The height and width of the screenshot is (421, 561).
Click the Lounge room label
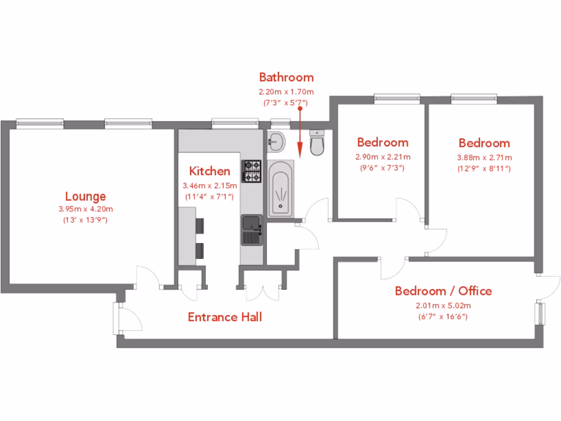click(85, 196)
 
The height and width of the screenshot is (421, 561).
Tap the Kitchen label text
click(210, 171)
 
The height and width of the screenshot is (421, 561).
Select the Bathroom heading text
click(286, 77)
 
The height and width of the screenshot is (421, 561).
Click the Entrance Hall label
click(225, 317)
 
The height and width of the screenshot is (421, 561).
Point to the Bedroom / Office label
click(443, 291)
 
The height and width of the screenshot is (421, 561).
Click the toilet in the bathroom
click(317, 143)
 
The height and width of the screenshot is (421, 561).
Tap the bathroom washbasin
click(276, 142)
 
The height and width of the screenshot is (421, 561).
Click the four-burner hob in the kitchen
click(253, 171)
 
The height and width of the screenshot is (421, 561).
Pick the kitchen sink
click(251, 230)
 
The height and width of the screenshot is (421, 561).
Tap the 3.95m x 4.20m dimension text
click(85, 209)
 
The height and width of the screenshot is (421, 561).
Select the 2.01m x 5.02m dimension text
click(443, 306)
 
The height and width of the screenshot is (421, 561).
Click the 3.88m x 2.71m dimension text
click(484, 157)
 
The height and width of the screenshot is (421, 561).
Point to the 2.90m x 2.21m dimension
click(382, 157)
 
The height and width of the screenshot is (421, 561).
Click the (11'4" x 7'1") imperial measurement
click(210, 196)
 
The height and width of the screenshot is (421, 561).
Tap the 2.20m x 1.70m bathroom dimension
click(286, 92)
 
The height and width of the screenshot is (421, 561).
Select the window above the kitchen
click(235, 122)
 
